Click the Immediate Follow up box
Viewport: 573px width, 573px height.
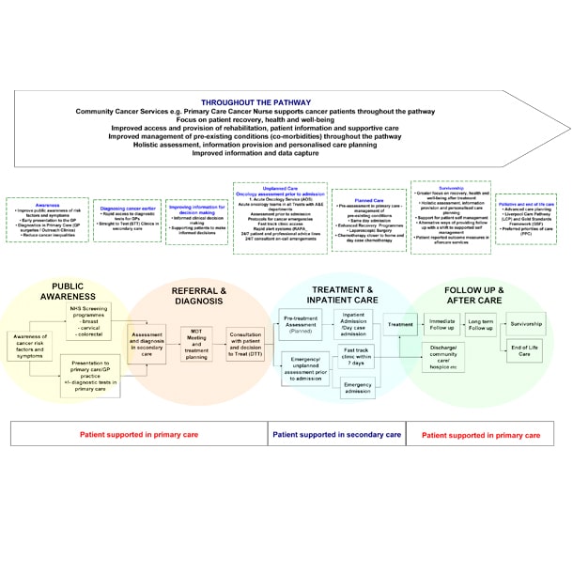(441, 324)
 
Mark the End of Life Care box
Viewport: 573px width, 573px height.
(525, 350)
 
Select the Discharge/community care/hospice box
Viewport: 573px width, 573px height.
(441, 359)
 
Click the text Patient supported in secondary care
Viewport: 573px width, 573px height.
(336, 435)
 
